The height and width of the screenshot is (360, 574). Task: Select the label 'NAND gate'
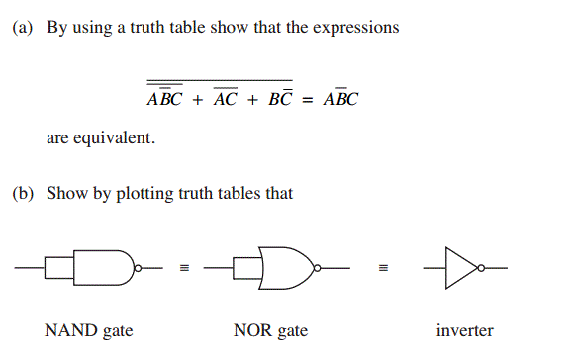(89, 330)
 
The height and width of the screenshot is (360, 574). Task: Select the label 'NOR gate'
(270, 330)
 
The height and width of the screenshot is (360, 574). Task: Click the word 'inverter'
(464, 330)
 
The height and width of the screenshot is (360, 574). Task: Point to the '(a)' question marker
(23, 28)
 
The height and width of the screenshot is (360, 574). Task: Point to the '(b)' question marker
(23, 194)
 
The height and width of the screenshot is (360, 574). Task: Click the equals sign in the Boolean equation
(308, 100)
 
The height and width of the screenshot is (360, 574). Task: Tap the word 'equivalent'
(116, 138)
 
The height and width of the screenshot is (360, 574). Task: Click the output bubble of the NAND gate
(139, 267)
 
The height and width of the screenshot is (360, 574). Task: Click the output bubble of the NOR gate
(316, 267)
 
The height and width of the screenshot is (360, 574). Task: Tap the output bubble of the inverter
(482, 267)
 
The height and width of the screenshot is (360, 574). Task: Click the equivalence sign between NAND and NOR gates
(184, 267)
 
